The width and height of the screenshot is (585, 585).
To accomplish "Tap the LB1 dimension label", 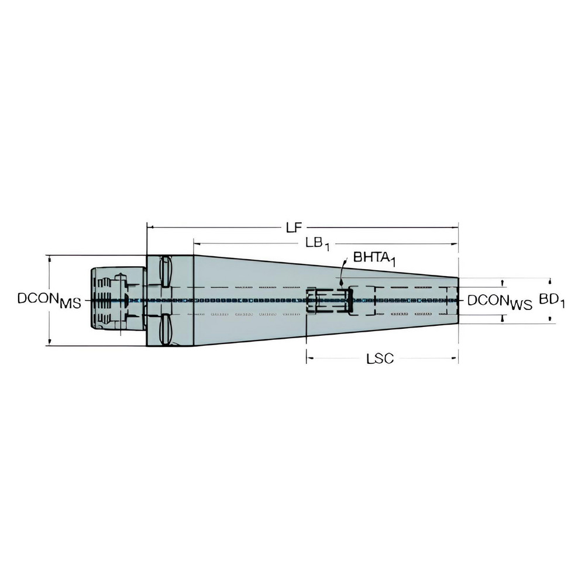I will pyautogui.click(x=318, y=243).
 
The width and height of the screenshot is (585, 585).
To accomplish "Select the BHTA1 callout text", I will pyautogui.click(x=374, y=259).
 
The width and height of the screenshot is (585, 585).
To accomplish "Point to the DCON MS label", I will pyautogui.click(x=49, y=300).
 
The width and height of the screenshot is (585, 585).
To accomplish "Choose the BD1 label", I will pyautogui.click(x=552, y=300).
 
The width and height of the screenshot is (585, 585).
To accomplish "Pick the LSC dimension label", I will pyautogui.click(x=380, y=359).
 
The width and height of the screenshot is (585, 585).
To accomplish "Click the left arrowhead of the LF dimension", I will pyautogui.click(x=150, y=226).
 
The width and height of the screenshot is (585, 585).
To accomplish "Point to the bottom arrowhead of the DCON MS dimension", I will pyautogui.click(x=50, y=342).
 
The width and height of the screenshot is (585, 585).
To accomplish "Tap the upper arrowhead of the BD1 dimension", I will pyautogui.click(x=550, y=280).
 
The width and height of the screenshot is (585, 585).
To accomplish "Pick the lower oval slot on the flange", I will pyautogui.click(x=166, y=330).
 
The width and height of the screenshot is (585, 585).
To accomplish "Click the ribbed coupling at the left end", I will pyautogui.click(x=108, y=300).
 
